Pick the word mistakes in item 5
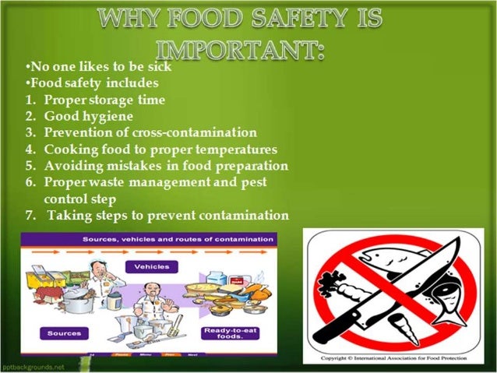127,166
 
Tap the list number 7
29,216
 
